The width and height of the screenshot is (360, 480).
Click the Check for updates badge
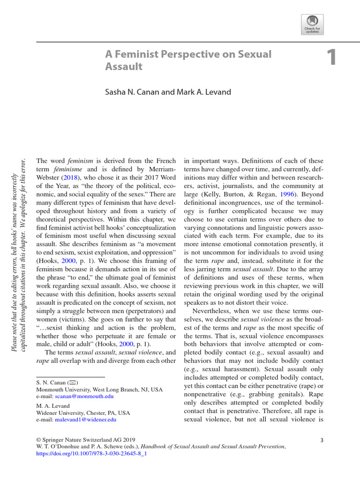pos(313,23)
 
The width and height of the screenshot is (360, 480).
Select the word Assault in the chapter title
pos(123,67)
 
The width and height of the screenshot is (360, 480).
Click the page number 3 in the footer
pos(322,440)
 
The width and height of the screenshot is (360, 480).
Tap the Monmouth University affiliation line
pos(99,390)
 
